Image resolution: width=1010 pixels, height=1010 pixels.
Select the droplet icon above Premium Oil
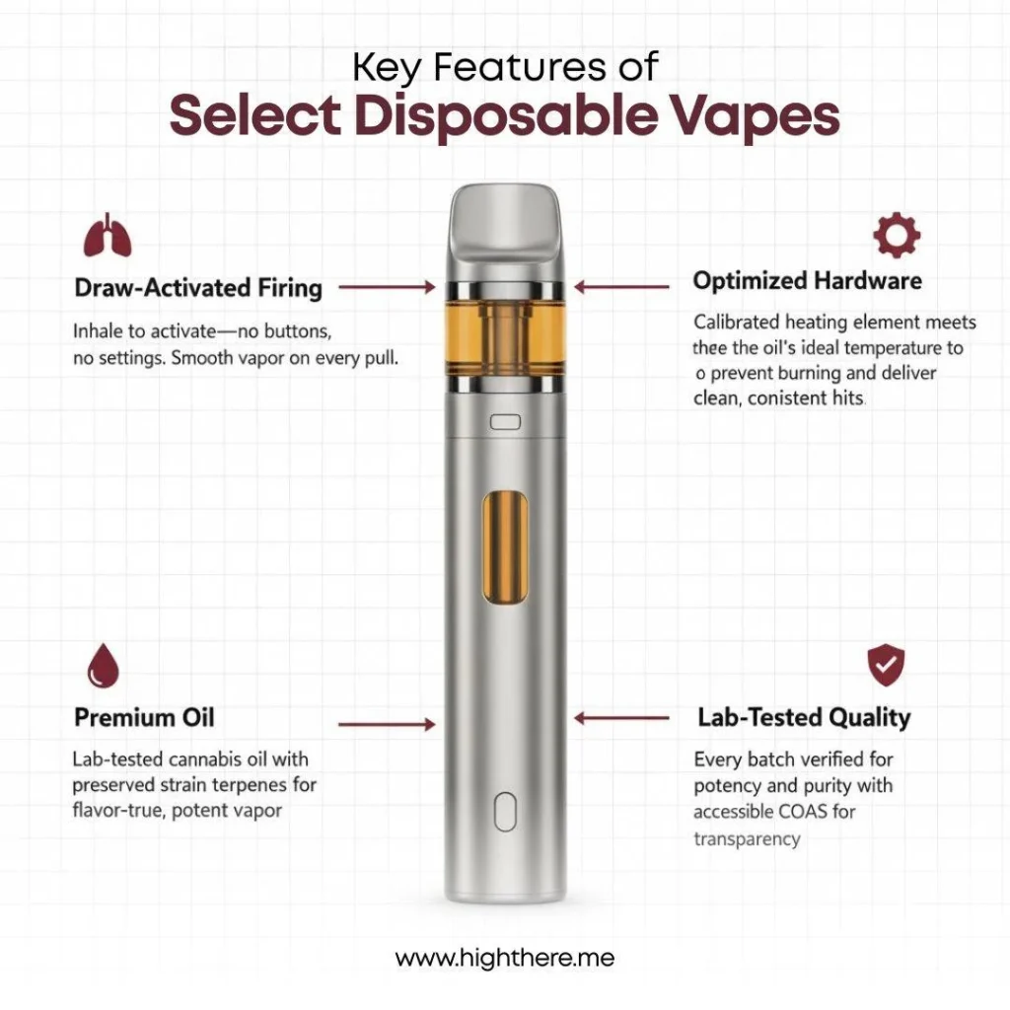pyautogui.click(x=103, y=666)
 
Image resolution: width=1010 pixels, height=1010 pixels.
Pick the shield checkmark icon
pyautogui.click(x=885, y=666)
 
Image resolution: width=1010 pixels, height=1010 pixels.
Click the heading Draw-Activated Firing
pyautogui.click(x=198, y=288)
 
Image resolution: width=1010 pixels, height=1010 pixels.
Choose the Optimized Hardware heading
pyautogui.click(x=807, y=281)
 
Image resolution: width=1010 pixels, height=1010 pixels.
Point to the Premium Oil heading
pyautogui.click(x=144, y=717)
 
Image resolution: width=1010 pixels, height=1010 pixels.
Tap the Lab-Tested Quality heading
pyautogui.click(x=804, y=717)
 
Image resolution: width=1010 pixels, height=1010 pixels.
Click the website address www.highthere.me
pyautogui.click(x=505, y=958)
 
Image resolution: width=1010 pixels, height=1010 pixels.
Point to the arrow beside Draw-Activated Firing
pyautogui.click(x=386, y=288)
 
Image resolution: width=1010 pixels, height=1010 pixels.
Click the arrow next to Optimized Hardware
pyautogui.click(x=622, y=288)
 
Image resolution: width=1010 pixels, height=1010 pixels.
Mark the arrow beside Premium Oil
pyautogui.click(x=386, y=725)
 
